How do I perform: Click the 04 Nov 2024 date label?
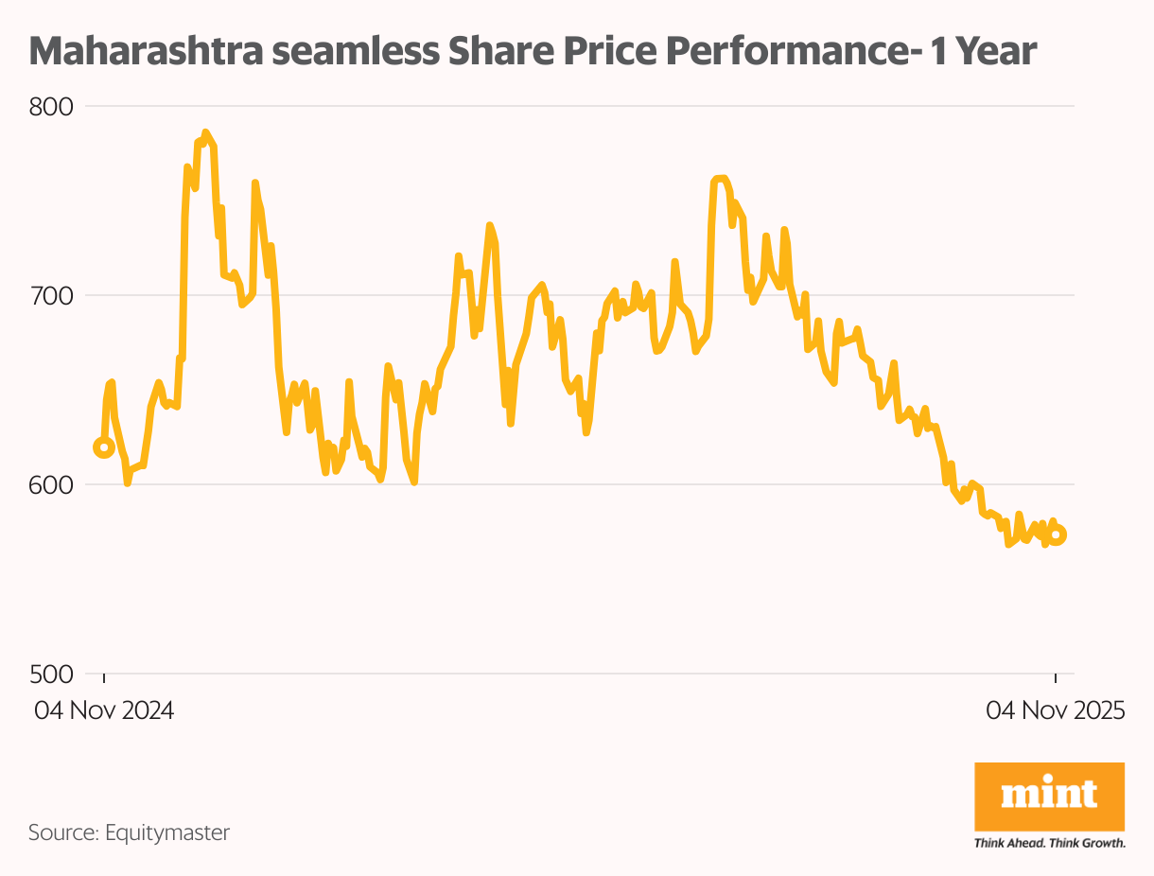point(104,710)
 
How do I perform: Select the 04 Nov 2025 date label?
point(1056,710)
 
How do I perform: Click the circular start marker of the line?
point(104,447)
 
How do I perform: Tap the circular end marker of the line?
point(1057,534)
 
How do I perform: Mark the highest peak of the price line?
point(205,132)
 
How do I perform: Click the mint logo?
point(1049,794)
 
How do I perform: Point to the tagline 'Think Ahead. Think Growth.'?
point(1049,842)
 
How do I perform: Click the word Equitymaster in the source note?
point(167,832)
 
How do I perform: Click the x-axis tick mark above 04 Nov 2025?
point(1056,678)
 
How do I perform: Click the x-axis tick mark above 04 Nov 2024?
point(104,678)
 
